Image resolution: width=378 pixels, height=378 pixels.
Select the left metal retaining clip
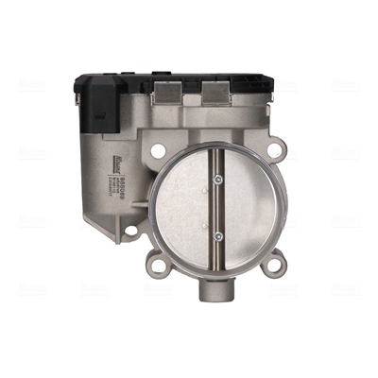tap(168, 91)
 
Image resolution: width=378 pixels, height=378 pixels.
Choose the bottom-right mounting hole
tap(274, 266)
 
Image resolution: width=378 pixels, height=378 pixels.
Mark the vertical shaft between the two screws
tap(216, 208)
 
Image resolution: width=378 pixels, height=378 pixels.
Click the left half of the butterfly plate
tap(184, 208)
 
